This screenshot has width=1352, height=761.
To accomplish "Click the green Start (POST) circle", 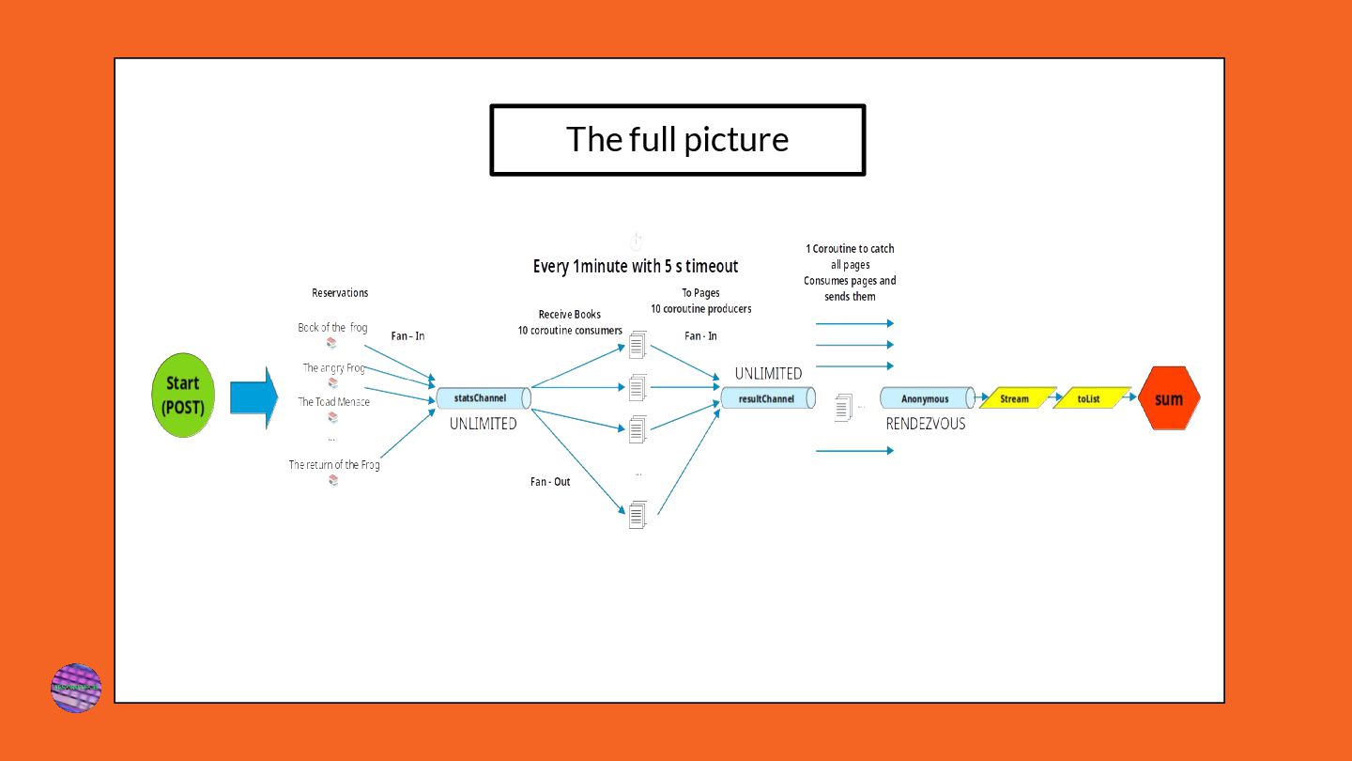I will click(x=183, y=396).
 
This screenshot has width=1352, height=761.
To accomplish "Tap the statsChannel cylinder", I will click(x=484, y=398).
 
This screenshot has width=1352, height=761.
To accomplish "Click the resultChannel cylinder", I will click(x=767, y=398).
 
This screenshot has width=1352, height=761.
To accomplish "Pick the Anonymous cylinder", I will click(x=926, y=398).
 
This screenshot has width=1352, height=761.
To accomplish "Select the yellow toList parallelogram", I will click(x=1089, y=398).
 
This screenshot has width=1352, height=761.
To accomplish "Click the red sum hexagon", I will click(x=1168, y=398).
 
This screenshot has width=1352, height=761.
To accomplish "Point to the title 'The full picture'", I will click(x=677, y=139).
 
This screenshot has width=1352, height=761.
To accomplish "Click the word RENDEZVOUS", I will click(x=925, y=424).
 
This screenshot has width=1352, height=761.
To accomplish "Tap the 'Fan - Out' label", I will click(x=550, y=482).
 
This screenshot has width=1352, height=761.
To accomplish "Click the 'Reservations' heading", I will click(x=340, y=293).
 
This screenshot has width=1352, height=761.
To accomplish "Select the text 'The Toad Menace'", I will click(x=334, y=402).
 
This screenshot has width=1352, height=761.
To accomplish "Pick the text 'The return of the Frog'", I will click(x=334, y=464).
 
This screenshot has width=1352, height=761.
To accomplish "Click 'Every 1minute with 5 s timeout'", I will click(x=636, y=267).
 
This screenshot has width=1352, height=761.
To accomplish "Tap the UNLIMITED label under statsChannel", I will click(x=483, y=424).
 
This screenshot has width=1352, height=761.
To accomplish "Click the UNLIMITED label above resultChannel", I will click(x=768, y=373).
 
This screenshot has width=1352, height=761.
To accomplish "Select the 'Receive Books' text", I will click(x=570, y=314).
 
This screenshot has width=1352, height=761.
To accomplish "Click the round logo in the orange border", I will click(x=76, y=688).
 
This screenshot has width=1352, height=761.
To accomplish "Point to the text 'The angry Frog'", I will click(x=334, y=368).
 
